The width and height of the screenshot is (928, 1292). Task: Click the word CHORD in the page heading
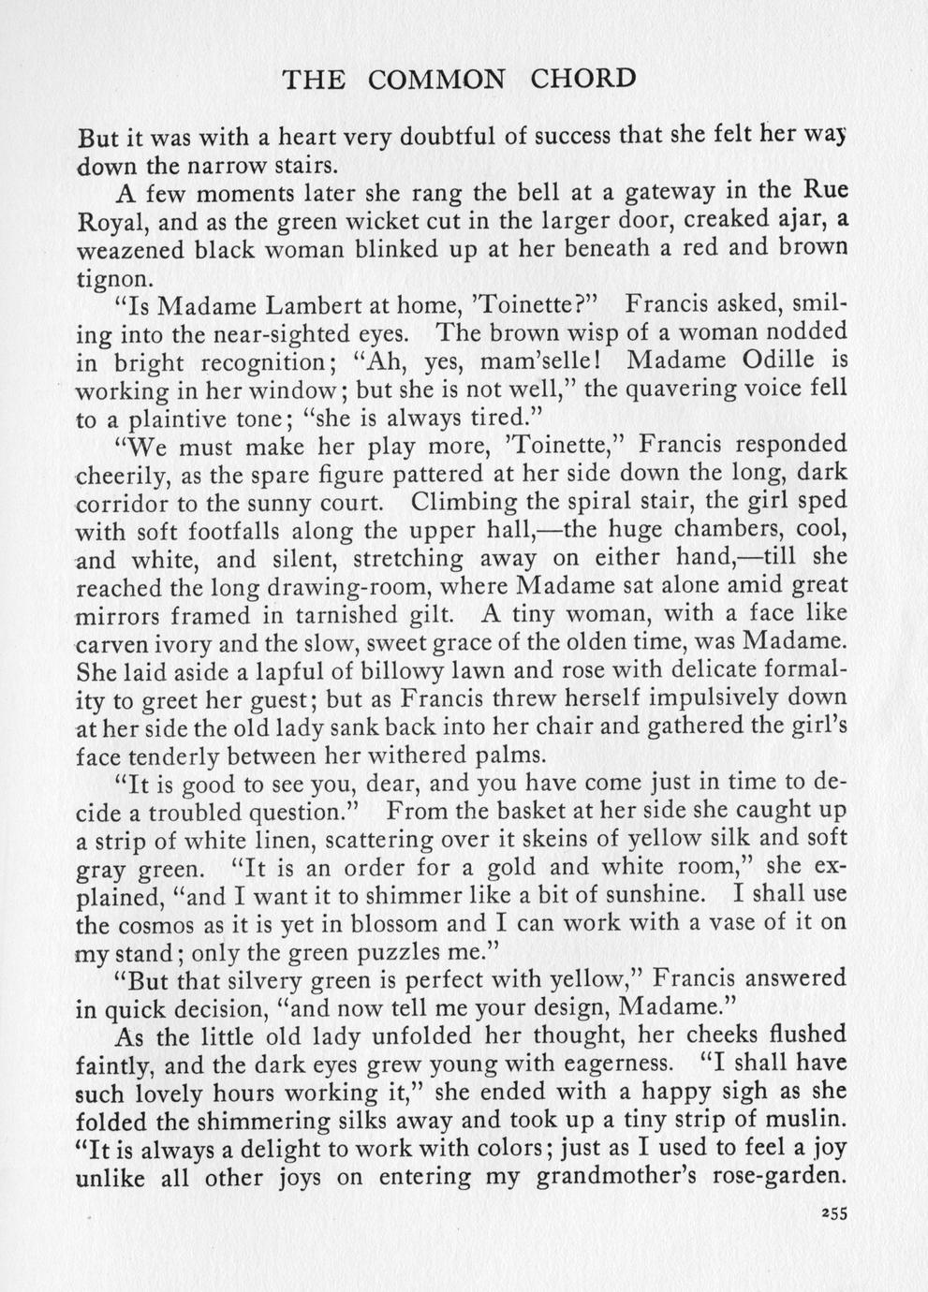coord(582,79)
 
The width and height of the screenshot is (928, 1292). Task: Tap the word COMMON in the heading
coord(435,80)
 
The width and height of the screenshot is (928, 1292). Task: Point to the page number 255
coord(830,1213)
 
